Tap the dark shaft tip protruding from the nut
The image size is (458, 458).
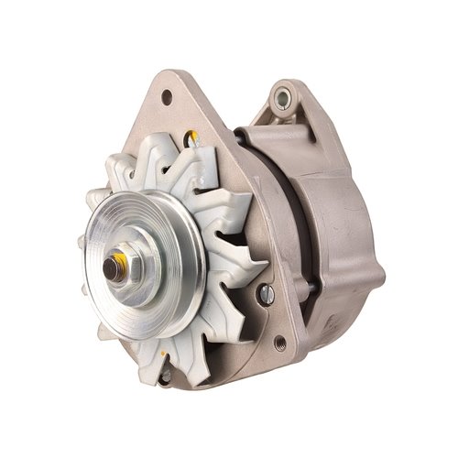[111, 267]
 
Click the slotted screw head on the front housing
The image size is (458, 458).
[266, 294]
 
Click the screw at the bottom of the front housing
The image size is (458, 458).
[164, 377]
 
